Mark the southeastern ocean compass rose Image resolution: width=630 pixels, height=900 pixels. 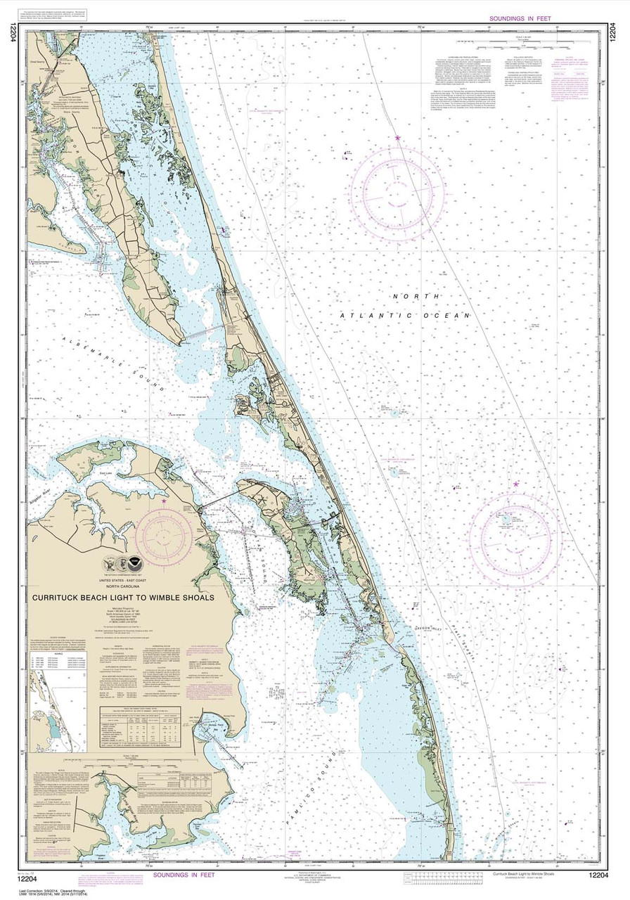click(x=515, y=530)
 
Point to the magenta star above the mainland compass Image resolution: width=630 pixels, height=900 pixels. click(x=164, y=501)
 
